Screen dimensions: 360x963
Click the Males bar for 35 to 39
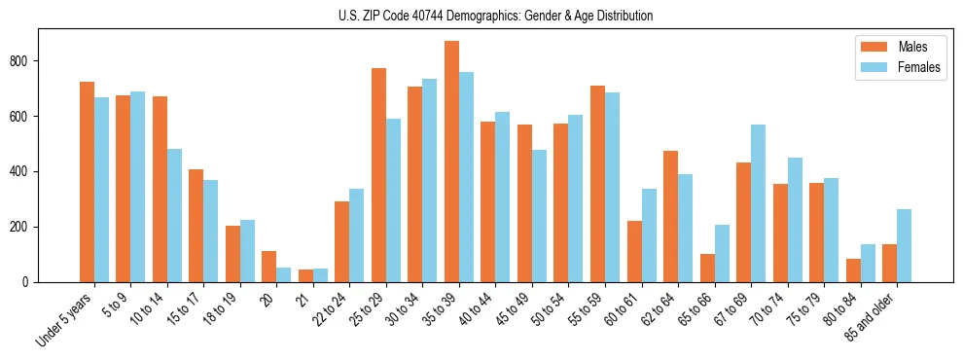tap(451, 162)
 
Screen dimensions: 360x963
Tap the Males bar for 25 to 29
tap(378, 175)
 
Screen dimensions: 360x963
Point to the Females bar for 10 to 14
tap(174, 215)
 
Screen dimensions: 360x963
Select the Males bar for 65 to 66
tap(707, 268)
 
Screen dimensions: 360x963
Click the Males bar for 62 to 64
tap(670, 216)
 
